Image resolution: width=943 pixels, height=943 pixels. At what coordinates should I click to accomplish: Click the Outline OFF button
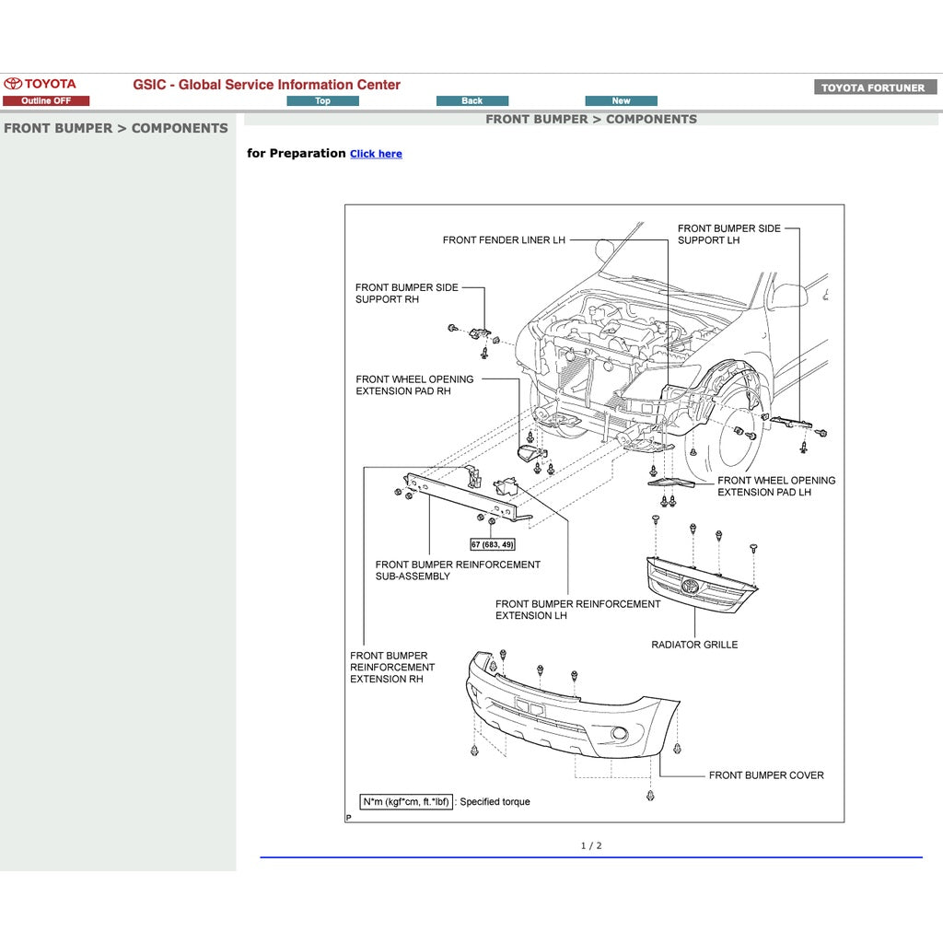[46, 101]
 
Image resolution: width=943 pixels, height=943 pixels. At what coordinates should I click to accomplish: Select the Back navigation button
[471, 101]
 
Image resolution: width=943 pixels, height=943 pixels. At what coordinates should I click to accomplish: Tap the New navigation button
[621, 101]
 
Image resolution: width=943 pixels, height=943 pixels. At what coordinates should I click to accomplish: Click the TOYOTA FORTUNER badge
[874, 87]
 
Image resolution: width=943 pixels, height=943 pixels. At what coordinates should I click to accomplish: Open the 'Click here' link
[376, 154]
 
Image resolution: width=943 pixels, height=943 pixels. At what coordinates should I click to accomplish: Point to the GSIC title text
[266, 85]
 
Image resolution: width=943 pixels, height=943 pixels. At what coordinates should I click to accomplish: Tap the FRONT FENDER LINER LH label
[504, 240]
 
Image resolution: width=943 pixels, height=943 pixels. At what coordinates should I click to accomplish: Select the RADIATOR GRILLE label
[694, 645]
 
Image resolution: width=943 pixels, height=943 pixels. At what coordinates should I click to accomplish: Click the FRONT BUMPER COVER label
[766, 775]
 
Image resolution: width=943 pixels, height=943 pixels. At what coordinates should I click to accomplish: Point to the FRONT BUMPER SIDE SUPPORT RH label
[406, 293]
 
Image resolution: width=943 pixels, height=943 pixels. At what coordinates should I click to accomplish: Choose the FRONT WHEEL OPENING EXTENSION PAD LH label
[776, 486]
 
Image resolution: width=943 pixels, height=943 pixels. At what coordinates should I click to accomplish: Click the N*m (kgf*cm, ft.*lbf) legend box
[406, 801]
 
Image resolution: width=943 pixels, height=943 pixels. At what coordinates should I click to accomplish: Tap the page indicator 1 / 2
[591, 845]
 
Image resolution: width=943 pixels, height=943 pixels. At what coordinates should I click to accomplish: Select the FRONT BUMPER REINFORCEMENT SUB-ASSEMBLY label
[458, 570]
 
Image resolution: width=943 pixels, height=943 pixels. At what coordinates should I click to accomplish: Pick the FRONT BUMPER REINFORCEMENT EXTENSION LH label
[577, 610]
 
